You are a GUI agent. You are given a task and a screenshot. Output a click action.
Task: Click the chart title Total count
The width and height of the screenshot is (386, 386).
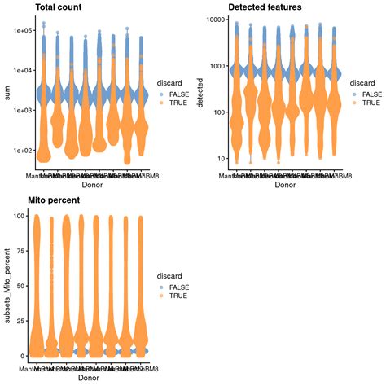coord(57,7)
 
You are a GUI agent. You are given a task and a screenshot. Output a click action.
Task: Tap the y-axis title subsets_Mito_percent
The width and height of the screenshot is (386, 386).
coord(7,287)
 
